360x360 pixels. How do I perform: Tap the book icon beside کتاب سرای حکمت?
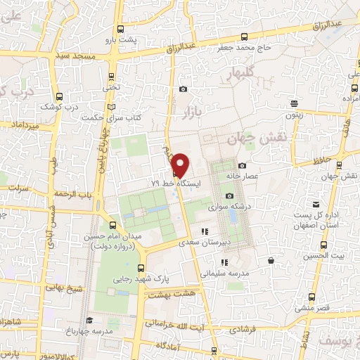[110, 108]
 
